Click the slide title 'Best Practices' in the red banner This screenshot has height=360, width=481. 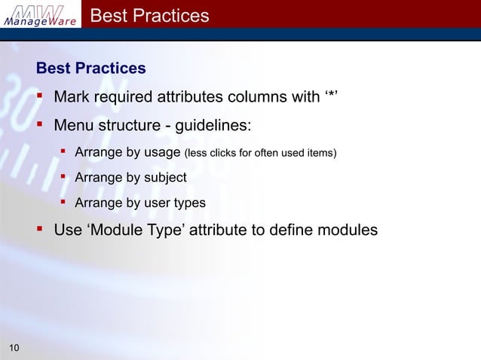tap(149, 15)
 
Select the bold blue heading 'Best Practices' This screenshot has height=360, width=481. tap(91, 69)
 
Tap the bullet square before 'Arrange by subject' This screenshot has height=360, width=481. tap(63, 178)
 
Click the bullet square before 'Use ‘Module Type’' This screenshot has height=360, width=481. tap(41, 230)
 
